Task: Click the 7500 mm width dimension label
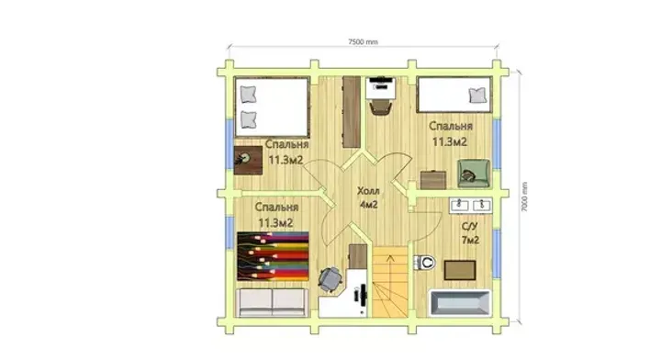(x=363, y=41)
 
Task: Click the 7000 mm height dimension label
(x=524, y=197)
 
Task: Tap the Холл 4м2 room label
(x=368, y=197)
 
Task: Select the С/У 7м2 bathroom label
(x=470, y=233)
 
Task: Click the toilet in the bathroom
(x=425, y=263)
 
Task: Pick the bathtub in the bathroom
(x=460, y=303)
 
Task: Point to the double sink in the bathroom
(x=470, y=206)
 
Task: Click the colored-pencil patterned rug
(x=273, y=256)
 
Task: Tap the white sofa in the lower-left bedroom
(x=272, y=303)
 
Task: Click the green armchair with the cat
(x=474, y=174)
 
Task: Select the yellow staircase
(x=390, y=282)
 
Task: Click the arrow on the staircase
(x=390, y=263)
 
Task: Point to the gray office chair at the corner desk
(x=330, y=279)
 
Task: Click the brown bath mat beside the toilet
(x=460, y=270)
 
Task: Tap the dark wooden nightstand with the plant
(x=248, y=160)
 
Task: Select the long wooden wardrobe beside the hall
(x=351, y=112)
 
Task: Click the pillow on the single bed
(x=477, y=96)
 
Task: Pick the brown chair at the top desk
(x=381, y=107)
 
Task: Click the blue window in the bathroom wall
(x=497, y=253)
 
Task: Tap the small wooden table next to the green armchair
(x=433, y=180)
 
